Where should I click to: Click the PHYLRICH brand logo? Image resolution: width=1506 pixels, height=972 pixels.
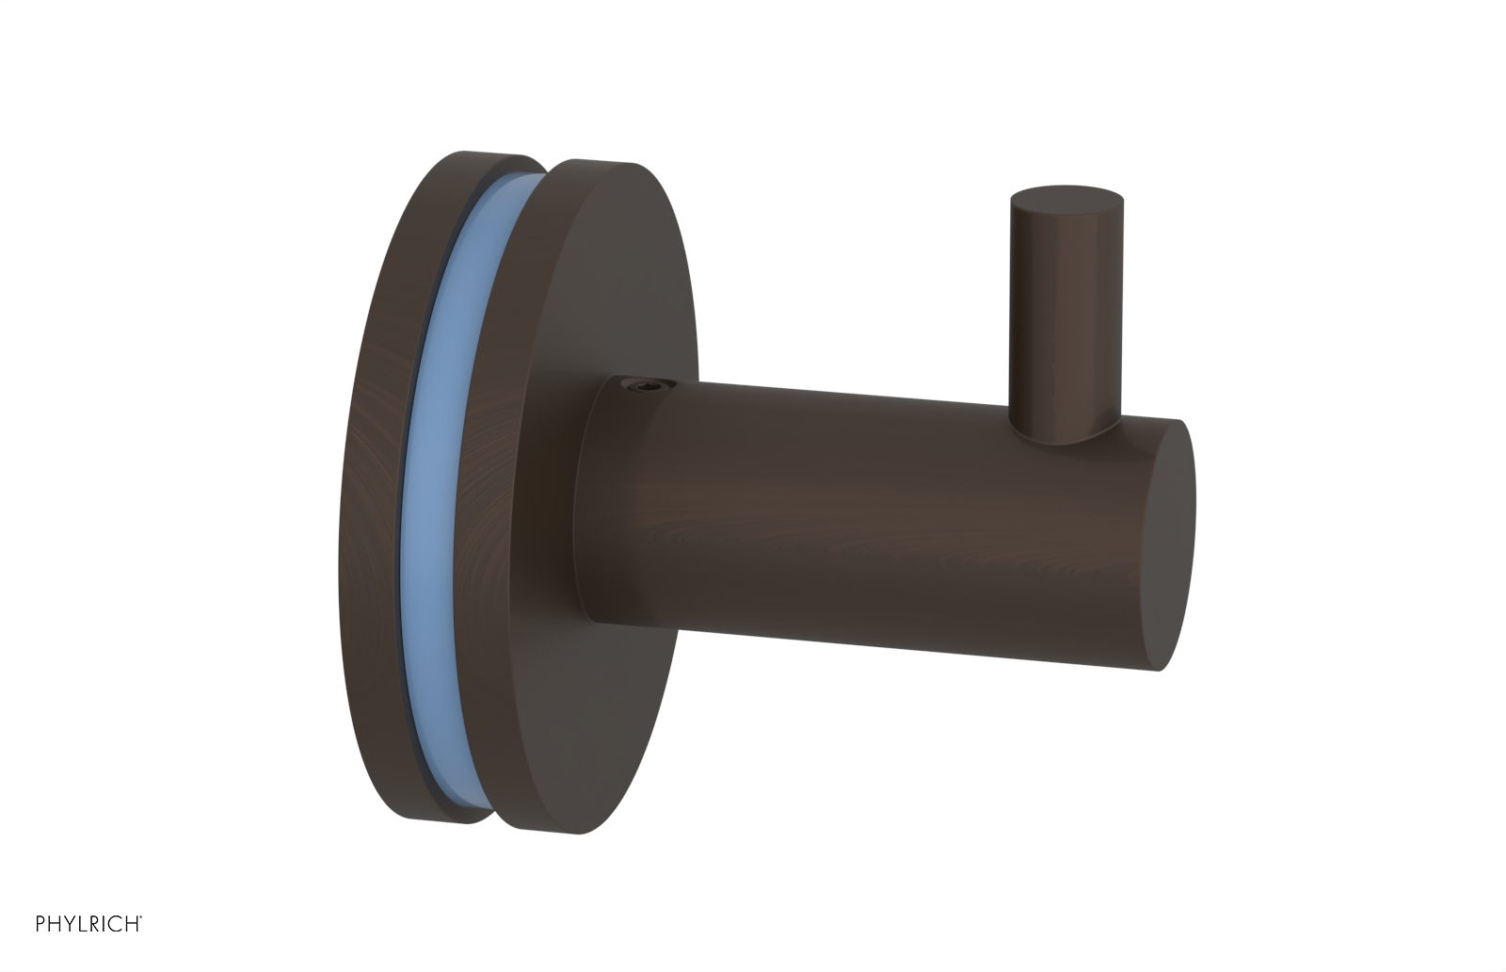88,925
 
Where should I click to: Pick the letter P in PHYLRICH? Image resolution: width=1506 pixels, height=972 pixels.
41,925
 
